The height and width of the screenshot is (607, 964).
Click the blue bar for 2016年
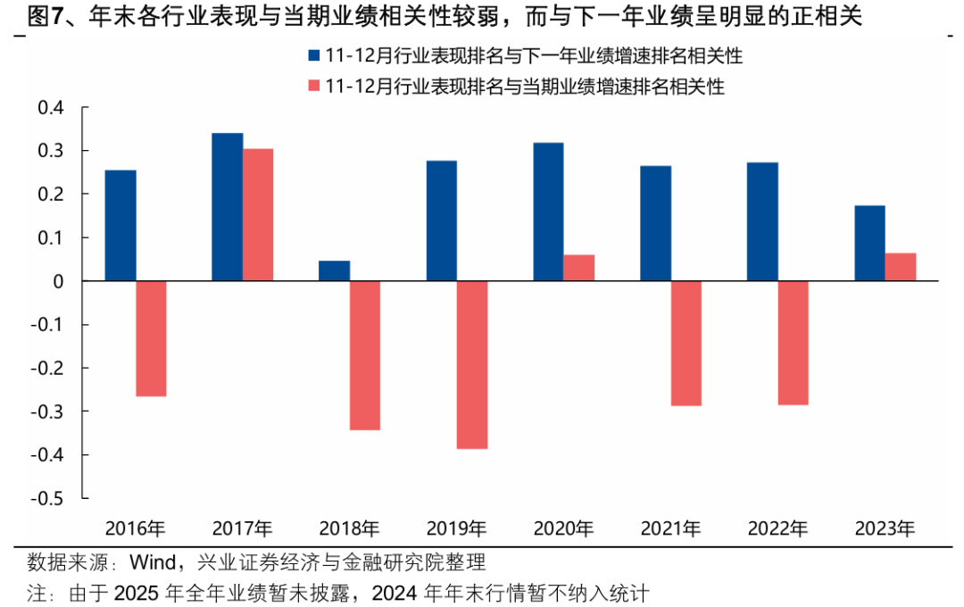pyautogui.click(x=120, y=226)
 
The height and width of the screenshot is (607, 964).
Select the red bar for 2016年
pyautogui.click(x=151, y=338)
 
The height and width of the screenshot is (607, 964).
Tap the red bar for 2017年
pyautogui.click(x=258, y=215)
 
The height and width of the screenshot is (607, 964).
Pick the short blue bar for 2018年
pyautogui.click(x=335, y=270)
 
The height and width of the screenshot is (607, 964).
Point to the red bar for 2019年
pyautogui.click(x=472, y=364)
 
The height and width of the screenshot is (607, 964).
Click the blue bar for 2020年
pyautogui.click(x=549, y=212)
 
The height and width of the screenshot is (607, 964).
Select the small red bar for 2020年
pyautogui.click(x=579, y=268)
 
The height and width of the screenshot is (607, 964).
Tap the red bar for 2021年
pyautogui.click(x=686, y=343)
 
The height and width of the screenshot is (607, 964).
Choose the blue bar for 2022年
pyautogui.click(x=763, y=221)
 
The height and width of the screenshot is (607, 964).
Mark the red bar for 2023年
pyautogui.click(x=901, y=267)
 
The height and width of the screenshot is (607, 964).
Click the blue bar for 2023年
pyautogui.click(x=870, y=243)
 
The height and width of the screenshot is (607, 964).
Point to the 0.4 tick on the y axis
pyautogui.click(x=52, y=108)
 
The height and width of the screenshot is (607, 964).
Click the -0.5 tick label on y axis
pyautogui.click(x=48, y=498)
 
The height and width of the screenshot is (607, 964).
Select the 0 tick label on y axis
pyautogui.click(x=60, y=281)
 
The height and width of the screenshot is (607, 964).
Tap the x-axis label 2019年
pyautogui.click(x=456, y=528)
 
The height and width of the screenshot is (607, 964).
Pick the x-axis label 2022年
pyautogui.click(x=777, y=528)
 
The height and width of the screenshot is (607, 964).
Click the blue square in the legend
pyautogui.click(x=314, y=55)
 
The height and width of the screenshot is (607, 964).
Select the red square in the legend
pyautogui.click(x=314, y=86)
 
